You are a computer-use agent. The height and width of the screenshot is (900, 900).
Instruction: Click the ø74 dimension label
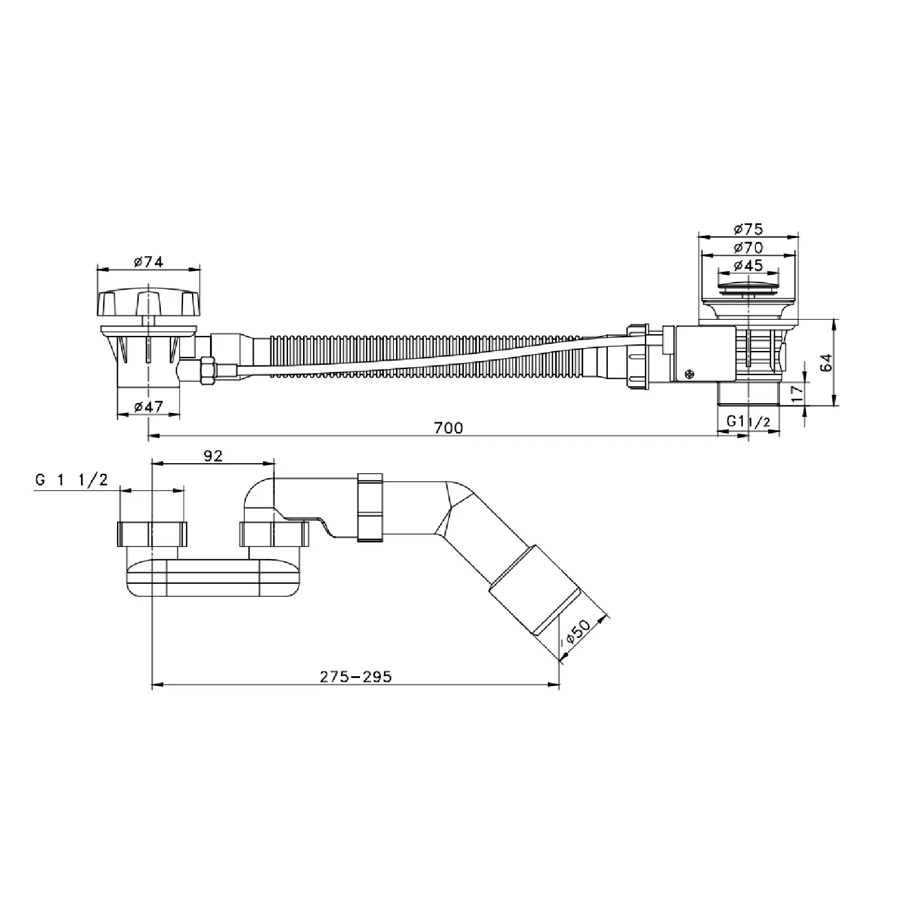pyautogui.click(x=148, y=262)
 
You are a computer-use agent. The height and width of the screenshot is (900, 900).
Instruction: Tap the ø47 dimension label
pyautogui.click(x=148, y=407)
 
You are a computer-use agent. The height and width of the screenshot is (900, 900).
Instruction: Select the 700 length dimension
pyautogui.click(x=449, y=428)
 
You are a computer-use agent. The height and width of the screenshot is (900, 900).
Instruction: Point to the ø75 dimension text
pyautogui.click(x=748, y=229)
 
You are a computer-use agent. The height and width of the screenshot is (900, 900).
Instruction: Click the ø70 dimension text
pyautogui.click(x=748, y=247)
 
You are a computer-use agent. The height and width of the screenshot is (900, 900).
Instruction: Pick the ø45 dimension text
pyautogui.click(x=748, y=265)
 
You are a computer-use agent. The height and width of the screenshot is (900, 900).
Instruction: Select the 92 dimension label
pyautogui.click(x=213, y=456)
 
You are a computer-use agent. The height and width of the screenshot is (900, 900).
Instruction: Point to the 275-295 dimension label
pyautogui.click(x=356, y=677)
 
